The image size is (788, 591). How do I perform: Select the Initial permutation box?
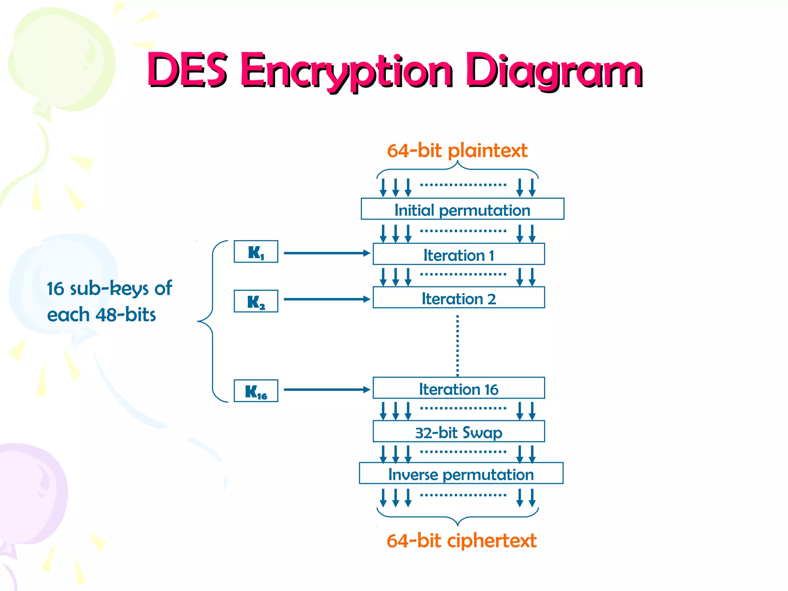[462, 209]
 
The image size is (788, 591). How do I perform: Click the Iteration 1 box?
[459, 254]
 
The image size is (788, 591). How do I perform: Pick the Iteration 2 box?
[459, 298]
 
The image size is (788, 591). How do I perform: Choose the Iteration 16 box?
[459, 388]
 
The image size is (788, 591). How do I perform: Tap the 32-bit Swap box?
[459, 432]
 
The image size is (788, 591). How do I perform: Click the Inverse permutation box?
[461, 474]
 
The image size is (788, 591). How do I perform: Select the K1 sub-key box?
[256, 252]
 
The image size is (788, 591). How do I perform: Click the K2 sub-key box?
[256, 301]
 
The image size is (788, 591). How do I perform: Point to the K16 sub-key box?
[256, 391]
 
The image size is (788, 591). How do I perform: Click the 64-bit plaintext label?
[457, 150]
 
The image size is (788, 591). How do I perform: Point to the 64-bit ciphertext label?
[461, 541]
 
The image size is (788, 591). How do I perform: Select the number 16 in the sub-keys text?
[55, 289]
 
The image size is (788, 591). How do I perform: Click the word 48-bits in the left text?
[125, 315]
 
